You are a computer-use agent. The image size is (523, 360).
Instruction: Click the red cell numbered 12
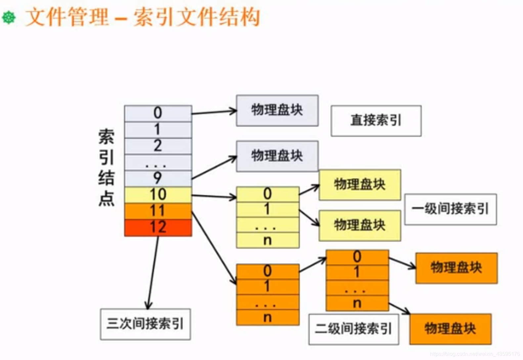158,227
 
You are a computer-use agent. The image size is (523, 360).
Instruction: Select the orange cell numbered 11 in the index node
158,211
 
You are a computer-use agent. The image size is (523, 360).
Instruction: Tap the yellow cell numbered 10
158,195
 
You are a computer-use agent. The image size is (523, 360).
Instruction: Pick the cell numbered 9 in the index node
158,178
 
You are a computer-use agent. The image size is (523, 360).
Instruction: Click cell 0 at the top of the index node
158,113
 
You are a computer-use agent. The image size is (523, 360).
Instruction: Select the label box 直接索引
376,121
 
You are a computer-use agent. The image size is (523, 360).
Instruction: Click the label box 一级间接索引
450,209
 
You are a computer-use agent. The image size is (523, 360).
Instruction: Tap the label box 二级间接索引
353,329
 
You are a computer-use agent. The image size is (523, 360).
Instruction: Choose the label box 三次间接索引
145,324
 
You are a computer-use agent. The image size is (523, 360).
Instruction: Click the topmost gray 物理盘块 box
277,111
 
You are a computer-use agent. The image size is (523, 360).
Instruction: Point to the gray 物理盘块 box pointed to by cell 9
277,156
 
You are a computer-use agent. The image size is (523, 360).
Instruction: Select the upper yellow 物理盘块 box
360,185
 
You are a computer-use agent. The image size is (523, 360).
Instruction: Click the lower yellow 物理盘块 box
360,225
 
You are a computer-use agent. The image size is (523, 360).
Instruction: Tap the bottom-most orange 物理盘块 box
450,329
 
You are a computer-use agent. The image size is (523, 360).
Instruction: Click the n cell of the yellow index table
267,241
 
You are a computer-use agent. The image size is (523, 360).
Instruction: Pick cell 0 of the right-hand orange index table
357,257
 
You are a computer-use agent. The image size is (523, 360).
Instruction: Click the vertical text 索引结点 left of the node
106,168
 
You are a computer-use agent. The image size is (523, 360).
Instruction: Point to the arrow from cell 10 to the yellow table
214,197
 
